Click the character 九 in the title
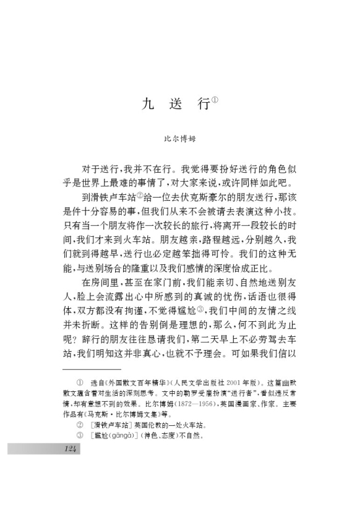(148, 105)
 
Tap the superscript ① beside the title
(215, 100)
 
